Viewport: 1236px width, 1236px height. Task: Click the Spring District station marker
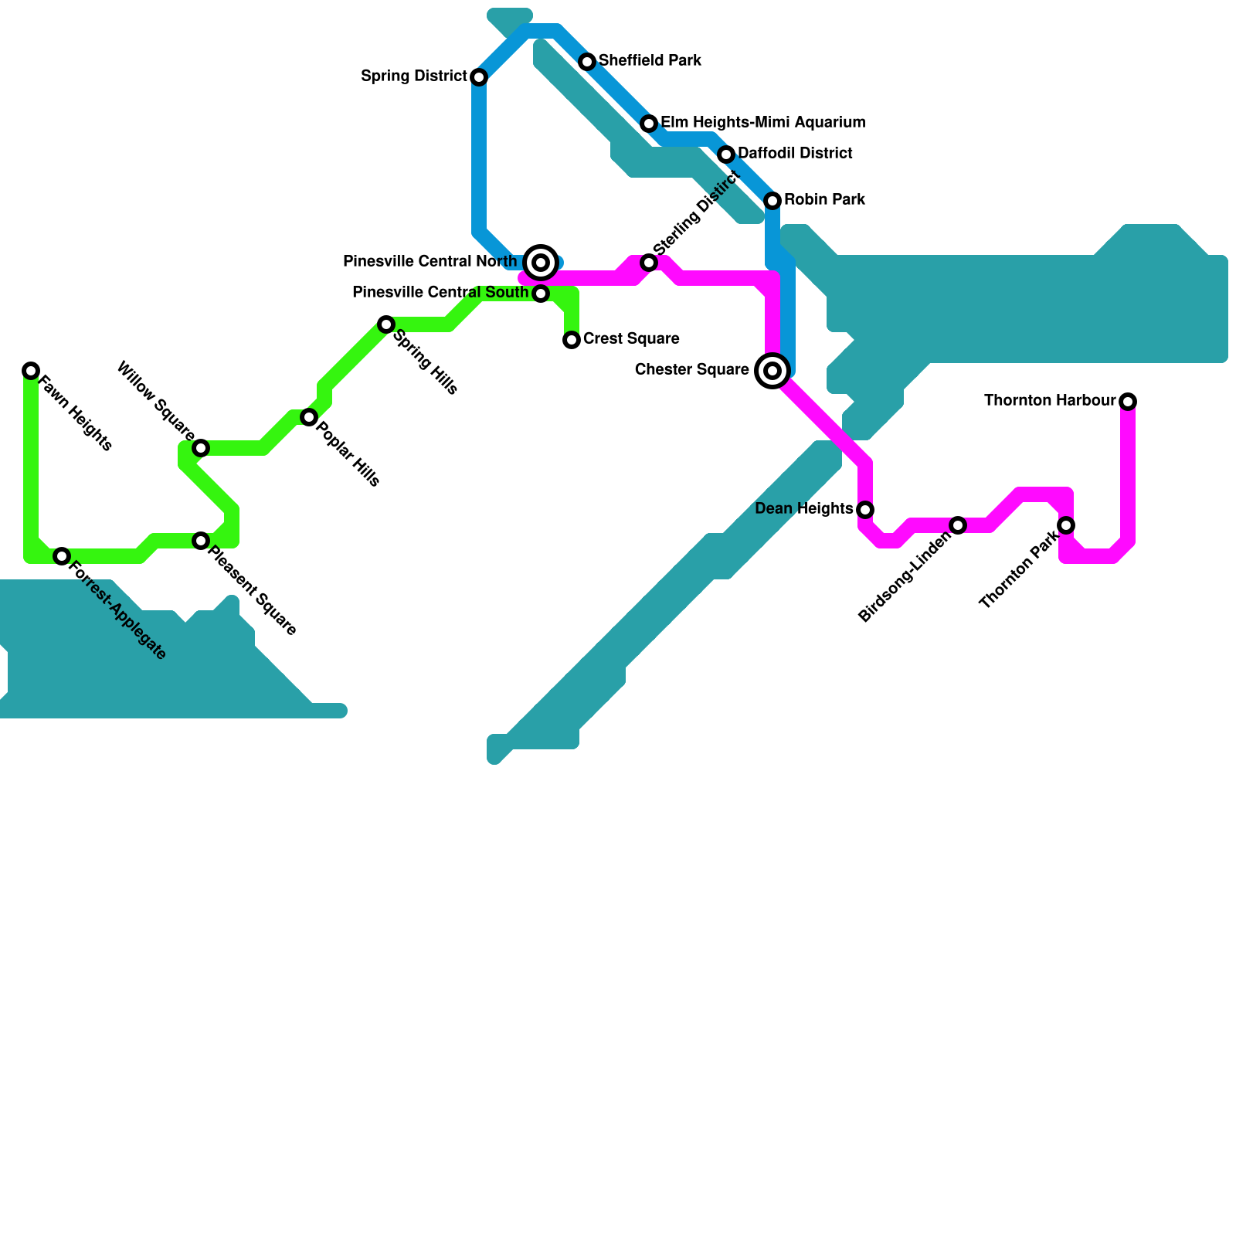(479, 77)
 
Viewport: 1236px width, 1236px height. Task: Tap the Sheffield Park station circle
(587, 62)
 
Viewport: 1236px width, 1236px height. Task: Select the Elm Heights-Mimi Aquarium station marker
(649, 124)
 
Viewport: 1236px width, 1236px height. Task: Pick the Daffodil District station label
(795, 154)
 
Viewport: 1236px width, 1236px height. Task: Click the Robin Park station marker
(772, 201)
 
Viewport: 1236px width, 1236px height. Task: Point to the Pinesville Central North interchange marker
(541, 263)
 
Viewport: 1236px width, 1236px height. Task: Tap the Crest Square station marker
(572, 340)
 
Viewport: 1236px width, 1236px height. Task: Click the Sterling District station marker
(649, 263)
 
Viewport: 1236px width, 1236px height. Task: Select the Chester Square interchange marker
(772, 371)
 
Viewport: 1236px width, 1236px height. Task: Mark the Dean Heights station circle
(865, 510)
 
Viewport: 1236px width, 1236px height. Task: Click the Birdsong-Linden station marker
(958, 525)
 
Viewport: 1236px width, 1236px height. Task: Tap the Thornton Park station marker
(1066, 525)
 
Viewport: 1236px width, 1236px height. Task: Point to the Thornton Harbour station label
(1049, 401)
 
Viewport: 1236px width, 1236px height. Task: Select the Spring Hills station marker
(386, 324)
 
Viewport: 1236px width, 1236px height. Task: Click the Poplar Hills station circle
(309, 417)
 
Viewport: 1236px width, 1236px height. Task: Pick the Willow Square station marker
(201, 448)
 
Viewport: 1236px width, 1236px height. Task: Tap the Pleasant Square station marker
(201, 541)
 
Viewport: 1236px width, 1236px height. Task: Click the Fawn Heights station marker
(31, 371)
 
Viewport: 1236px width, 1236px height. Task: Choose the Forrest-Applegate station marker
(62, 556)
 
